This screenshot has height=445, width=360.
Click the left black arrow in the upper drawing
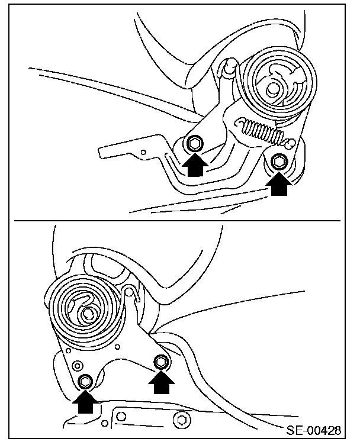[195, 165]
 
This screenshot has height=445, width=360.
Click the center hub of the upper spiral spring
[273, 89]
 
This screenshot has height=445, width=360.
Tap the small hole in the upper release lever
[143, 153]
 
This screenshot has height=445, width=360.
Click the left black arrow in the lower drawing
[85, 402]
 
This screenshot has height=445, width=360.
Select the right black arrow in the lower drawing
[161, 382]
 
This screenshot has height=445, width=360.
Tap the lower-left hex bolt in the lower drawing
[85, 381]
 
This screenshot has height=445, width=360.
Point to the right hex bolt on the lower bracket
[161, 362]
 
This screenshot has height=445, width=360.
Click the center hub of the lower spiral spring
[88, 313]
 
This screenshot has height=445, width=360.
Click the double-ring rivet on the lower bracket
[77, 365]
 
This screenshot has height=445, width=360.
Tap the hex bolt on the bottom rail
[181, 420]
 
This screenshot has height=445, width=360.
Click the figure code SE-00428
[313, 430]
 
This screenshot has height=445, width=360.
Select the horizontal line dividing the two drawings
[178, 221]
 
